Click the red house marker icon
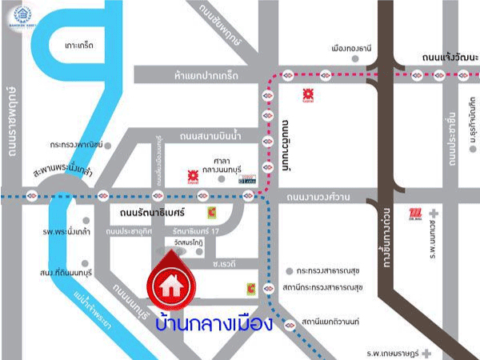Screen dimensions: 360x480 click(x=170, y=282)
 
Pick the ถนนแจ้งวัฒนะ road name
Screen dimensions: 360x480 click(x=449, y=57)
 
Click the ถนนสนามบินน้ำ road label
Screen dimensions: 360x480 click(x=210, y=135)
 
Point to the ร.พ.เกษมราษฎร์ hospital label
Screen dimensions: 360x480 click(x=393, y=352)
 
